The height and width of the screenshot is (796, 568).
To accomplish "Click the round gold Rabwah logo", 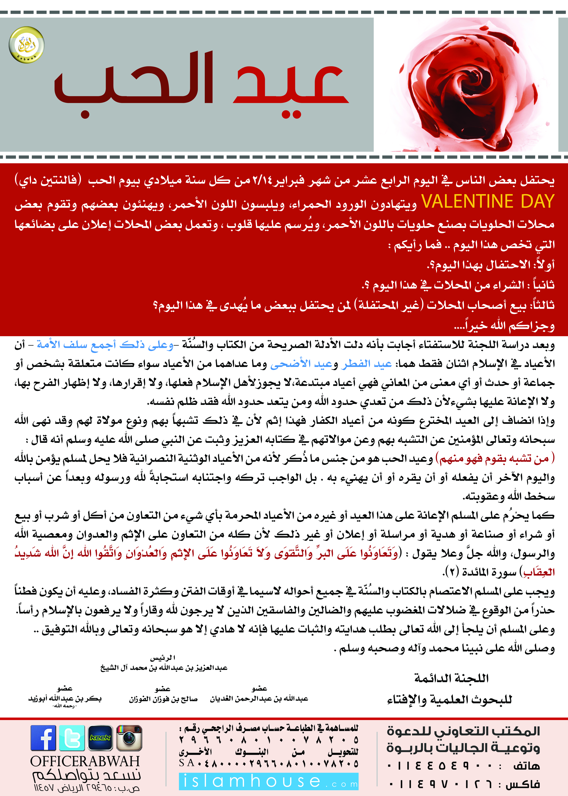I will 27,45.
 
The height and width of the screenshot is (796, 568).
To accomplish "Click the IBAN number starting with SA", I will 269,763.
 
